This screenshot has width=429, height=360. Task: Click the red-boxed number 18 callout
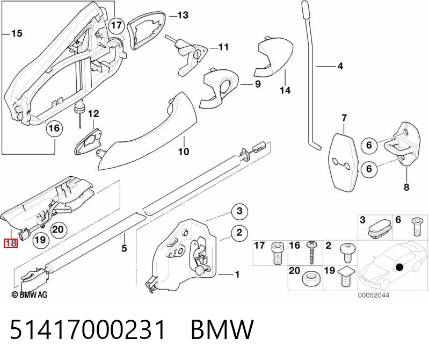tap(11, 243)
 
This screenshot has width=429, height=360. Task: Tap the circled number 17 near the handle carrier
tap(117, 25)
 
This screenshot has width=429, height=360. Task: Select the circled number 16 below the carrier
tap(54, 128)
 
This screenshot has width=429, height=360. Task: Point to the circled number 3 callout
tap(239, 211)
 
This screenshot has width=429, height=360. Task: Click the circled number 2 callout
tap(239, 233)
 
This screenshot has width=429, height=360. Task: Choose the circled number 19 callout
tap(40, 240)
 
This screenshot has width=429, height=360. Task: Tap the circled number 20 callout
tap(58, 229)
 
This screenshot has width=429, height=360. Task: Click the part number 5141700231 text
tap(88, 329)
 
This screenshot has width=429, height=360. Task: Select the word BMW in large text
tap(222, 329)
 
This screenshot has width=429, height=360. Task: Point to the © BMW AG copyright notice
tap(30, 294)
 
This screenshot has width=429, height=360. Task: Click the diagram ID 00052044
tap(374, 295)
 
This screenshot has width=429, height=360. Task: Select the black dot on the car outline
tap(400, 267)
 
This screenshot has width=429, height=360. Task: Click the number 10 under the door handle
tap(184, 151)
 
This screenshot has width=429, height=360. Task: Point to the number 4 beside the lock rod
tap(340, 66)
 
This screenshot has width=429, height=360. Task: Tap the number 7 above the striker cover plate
tap(344, 118)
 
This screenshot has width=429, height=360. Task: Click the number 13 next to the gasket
tap(183, 15)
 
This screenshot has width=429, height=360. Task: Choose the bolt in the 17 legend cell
tap(277, 253)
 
